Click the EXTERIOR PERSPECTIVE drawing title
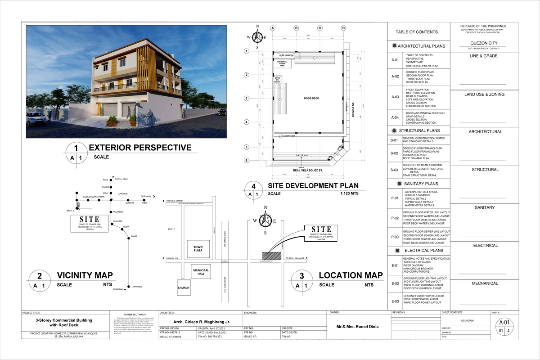coord(140,148)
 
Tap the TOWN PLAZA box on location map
coord(198,248)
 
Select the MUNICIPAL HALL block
coord(201,272)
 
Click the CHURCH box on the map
coord(183,288)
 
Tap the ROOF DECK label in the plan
coord(311,98)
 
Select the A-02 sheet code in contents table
coord(395,76)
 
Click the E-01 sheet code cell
coord(395,265)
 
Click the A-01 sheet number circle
coord(504,327)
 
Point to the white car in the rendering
coord(36,119)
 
